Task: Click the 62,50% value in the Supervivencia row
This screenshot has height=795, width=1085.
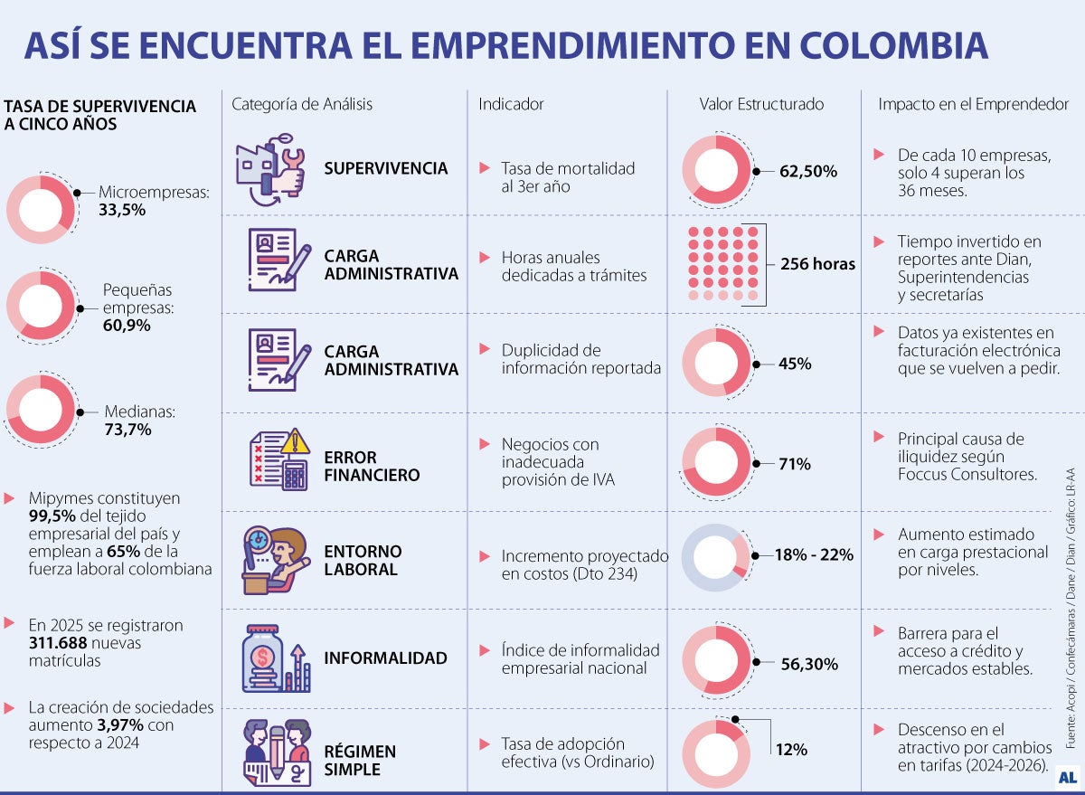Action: [807, 171]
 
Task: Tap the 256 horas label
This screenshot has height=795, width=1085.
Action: [817, 264]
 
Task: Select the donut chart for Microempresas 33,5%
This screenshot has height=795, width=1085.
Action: [41, 210]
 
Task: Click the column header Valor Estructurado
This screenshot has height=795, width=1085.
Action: [761, 104]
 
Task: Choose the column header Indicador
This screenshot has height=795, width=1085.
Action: [511, 104]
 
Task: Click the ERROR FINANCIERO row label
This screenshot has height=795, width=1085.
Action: [372, 466]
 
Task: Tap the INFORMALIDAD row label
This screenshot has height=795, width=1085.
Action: [385, 658]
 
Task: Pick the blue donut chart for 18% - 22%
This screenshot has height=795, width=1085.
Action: [715, 557]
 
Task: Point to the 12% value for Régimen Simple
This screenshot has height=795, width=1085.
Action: [791, 750]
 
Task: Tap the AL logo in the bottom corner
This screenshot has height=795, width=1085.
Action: [1067, 776]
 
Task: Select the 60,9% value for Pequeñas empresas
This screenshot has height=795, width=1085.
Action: [127, 326]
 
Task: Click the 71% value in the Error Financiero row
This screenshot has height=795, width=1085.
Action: [794, 464]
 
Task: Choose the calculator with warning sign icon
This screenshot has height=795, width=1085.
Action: [278, 459]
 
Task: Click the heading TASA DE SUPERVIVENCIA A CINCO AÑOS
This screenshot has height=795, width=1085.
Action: [99, 115]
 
